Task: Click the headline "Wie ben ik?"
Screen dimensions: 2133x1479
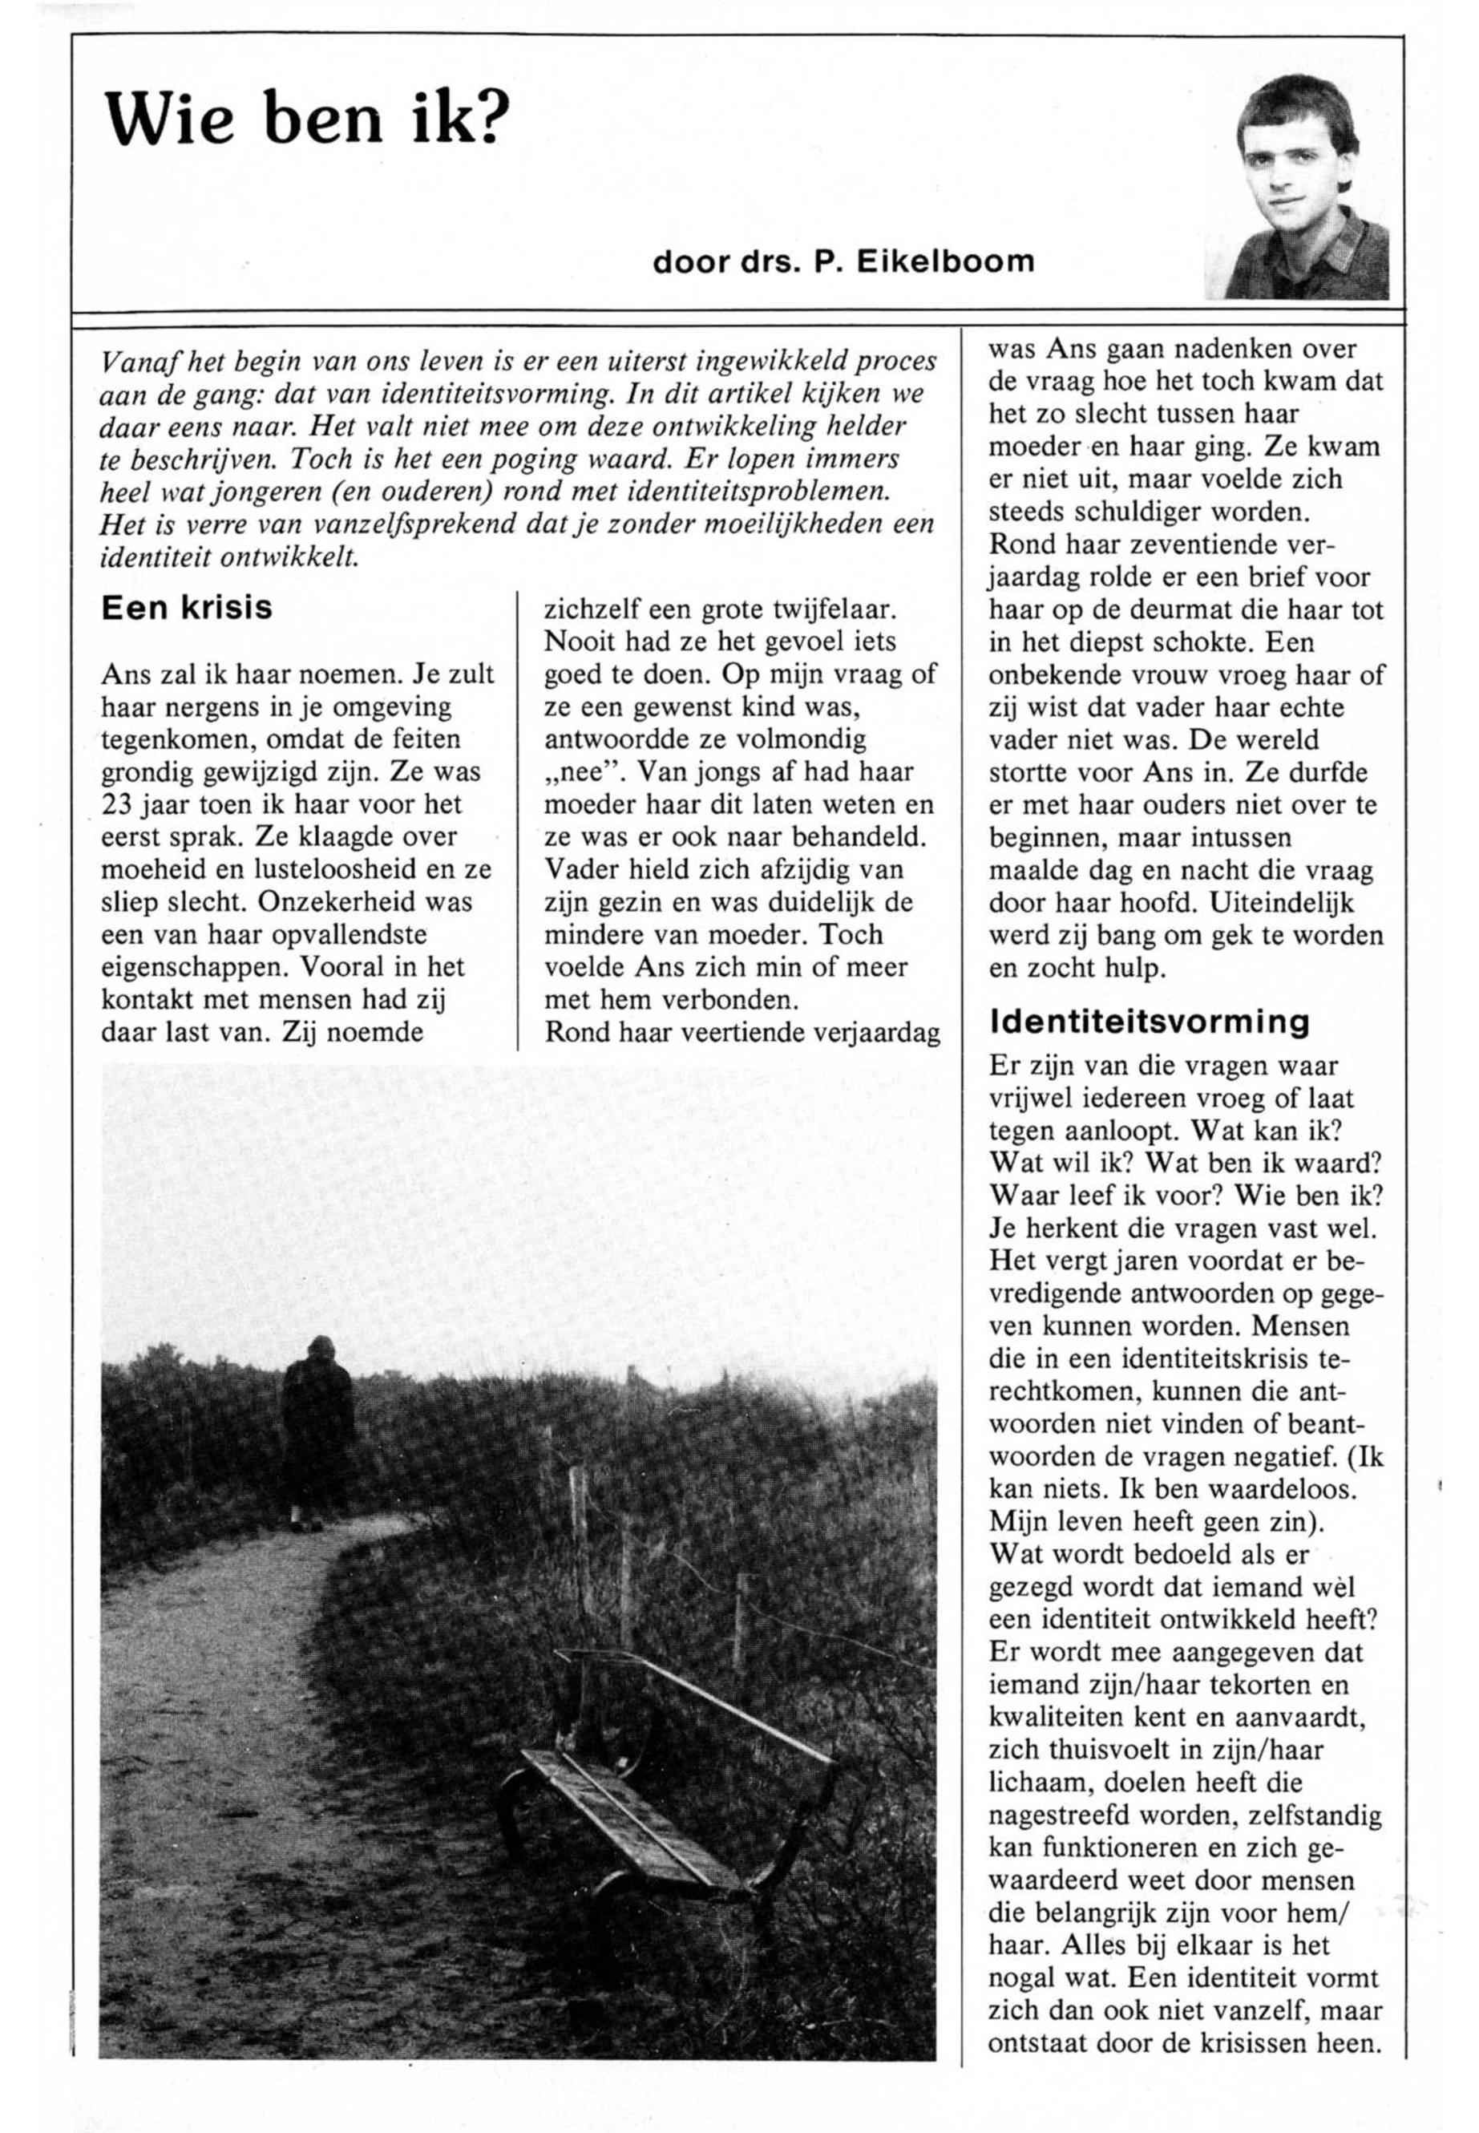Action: click(308, 119)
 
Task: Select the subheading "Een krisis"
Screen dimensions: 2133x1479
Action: click(186, 608)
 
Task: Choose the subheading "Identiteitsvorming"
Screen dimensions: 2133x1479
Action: click(1149, 1022)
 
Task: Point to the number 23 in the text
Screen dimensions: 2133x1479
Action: click(119, 803)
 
